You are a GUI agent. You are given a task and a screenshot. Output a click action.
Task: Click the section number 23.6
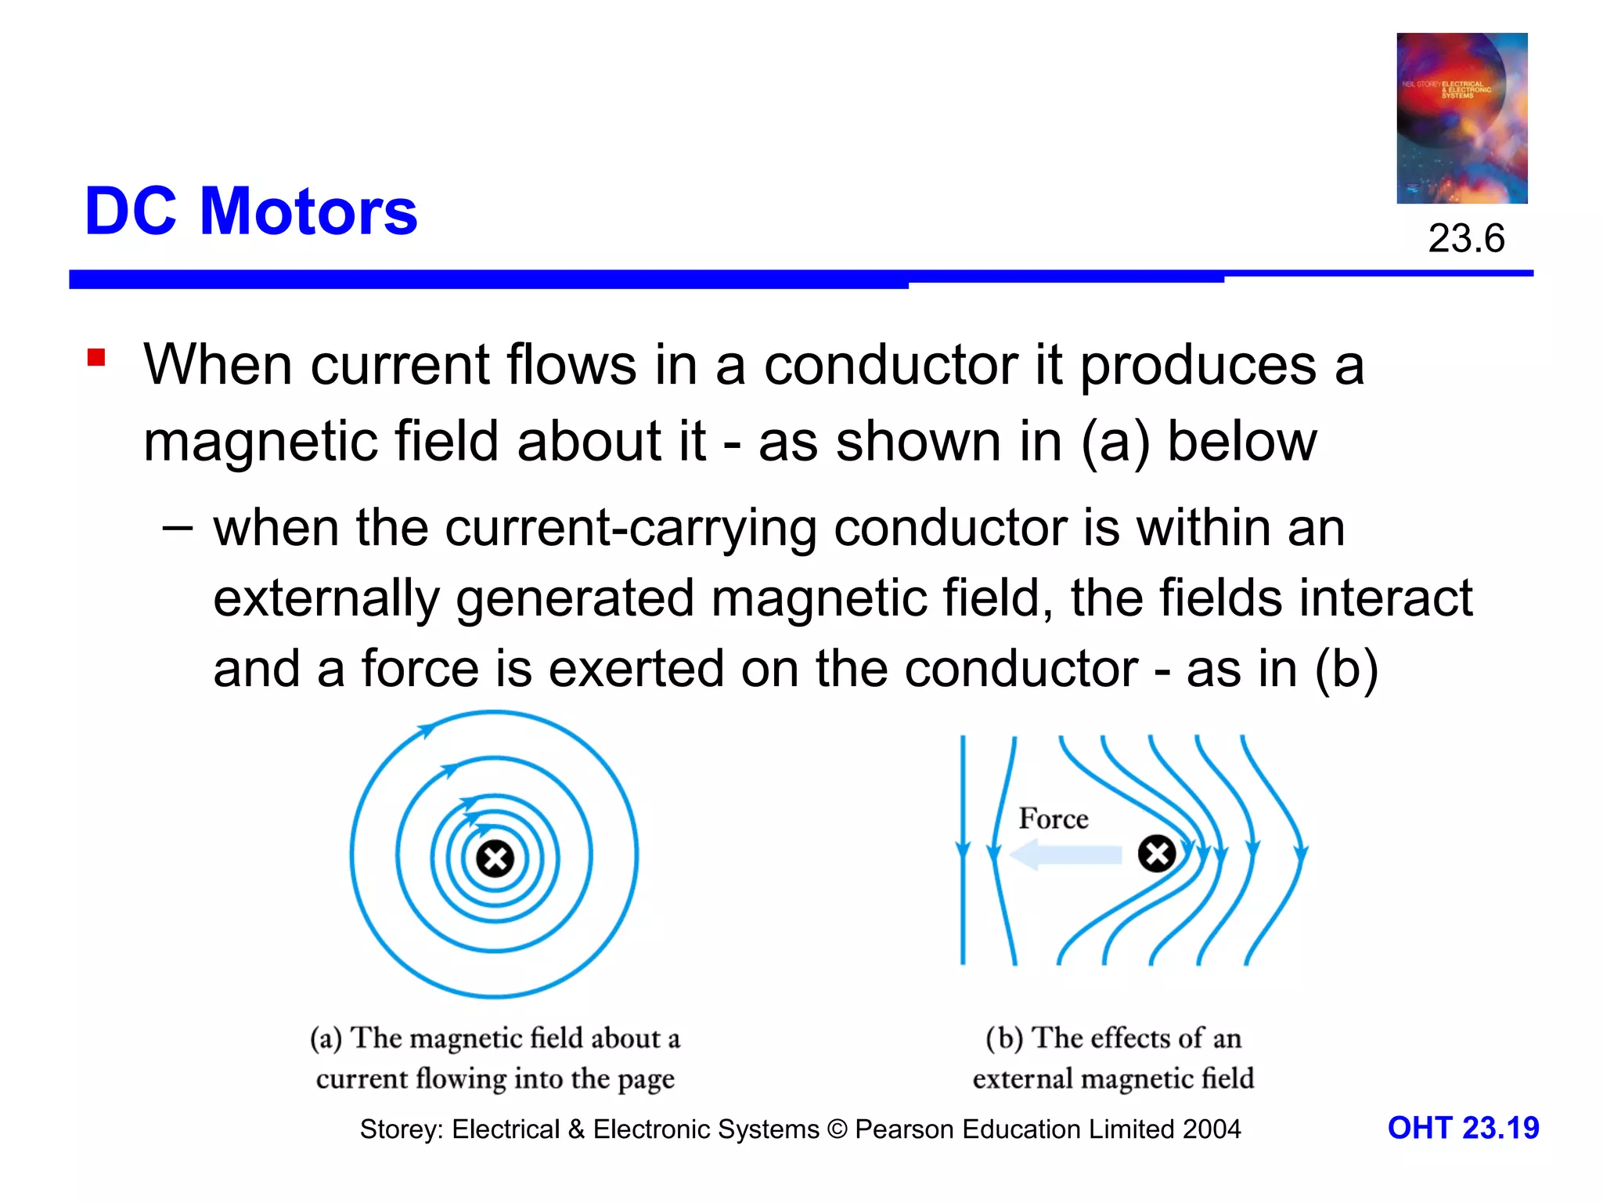[x=1466, y=238]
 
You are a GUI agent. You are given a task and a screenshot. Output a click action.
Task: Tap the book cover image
[x=1461, y=118]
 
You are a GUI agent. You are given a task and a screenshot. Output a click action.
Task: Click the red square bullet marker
[x=96, y=358]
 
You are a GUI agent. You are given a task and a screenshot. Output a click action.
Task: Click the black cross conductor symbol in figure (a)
[x=495, y=858]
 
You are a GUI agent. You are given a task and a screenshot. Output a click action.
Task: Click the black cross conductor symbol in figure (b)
[x=1156, y=854]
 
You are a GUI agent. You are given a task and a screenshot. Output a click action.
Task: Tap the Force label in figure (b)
[x=1053, y=819]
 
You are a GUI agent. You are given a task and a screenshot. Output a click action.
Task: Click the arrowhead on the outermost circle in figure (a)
[x=427, y=730]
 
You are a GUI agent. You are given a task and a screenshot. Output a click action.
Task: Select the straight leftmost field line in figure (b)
[x=963, y=901]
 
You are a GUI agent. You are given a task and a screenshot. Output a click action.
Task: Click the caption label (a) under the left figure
[x=326, y=1039]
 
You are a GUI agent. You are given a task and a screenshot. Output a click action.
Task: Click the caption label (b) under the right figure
[x=1004, y=1039]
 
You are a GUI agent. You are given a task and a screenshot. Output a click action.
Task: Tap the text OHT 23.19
[x=1463, y=1128]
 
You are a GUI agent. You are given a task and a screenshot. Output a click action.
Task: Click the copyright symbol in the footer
[x=837, y=1129]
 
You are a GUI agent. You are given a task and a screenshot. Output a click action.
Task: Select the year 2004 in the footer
[x=1212, y=1129]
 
